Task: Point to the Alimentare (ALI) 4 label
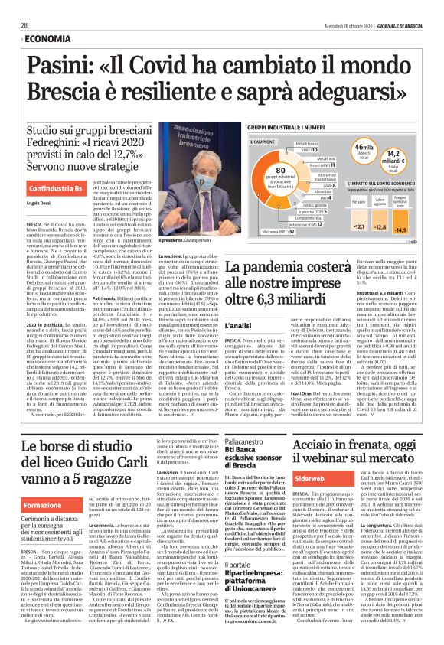(303, 196)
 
